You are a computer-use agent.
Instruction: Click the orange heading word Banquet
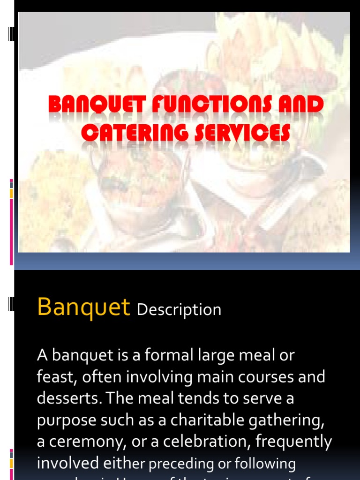(83, 307)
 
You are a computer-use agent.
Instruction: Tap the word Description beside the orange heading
(179, 310)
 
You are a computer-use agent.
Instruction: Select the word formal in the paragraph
(165, 355)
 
